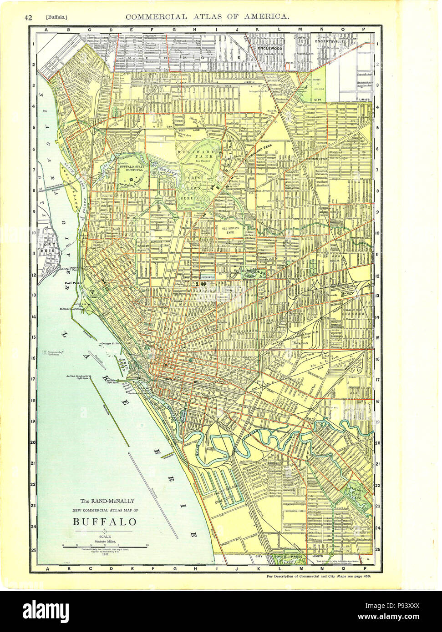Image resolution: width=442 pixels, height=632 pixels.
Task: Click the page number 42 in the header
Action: tap(28, 17)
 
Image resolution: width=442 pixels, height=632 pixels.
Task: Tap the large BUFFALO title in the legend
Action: tap(105, 521)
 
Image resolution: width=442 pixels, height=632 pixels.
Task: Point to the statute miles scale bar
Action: tap(105, 547)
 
